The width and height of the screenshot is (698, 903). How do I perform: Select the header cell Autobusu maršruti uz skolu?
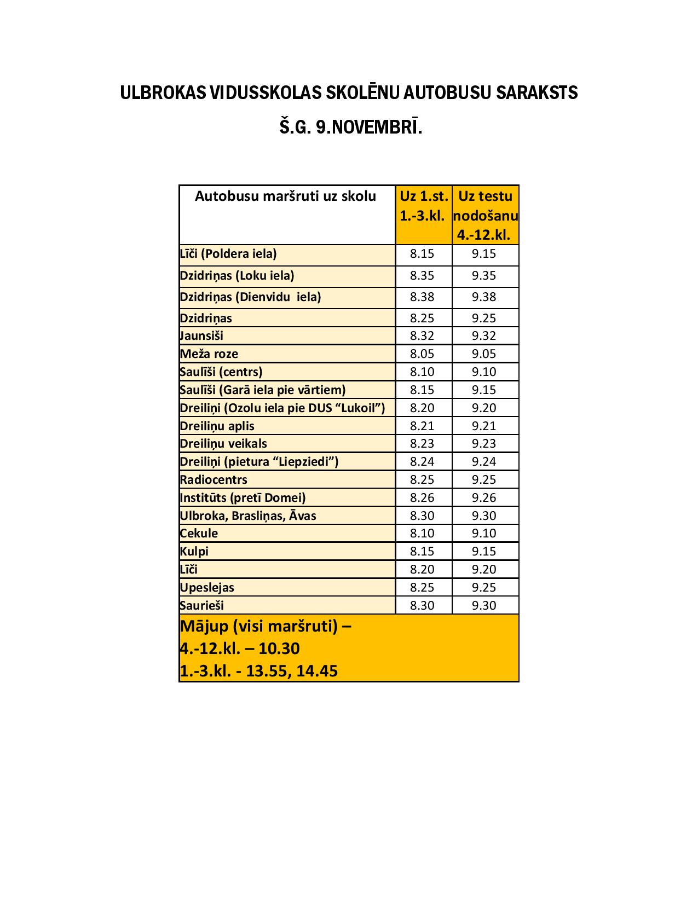[285, 196]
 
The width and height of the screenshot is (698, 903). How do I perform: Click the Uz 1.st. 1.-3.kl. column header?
[423, 206]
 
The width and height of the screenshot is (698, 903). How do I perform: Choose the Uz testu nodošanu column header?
[485, 215]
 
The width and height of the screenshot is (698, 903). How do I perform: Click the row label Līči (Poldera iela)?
[228, 254]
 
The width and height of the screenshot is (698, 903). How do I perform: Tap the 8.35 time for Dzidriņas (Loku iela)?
[422, 276]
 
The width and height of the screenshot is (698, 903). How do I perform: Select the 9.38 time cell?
[484, 297]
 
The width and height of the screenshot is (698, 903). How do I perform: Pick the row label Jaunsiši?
[201, 336]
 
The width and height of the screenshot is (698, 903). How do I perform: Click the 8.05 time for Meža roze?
[422, 354]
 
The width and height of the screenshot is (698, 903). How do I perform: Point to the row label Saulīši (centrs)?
[221, 372]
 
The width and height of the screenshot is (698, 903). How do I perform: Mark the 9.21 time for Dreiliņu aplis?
[484, 426]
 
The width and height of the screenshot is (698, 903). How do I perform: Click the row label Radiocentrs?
[214, 480]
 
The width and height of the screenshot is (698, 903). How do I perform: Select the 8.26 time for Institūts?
[422, 498]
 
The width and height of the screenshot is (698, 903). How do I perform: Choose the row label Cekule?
[199, 534]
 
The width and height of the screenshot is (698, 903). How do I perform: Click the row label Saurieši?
[201, 606]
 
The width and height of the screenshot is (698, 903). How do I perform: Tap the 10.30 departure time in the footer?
[279, 649]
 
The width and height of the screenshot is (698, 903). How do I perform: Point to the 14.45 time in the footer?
[317, 671]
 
